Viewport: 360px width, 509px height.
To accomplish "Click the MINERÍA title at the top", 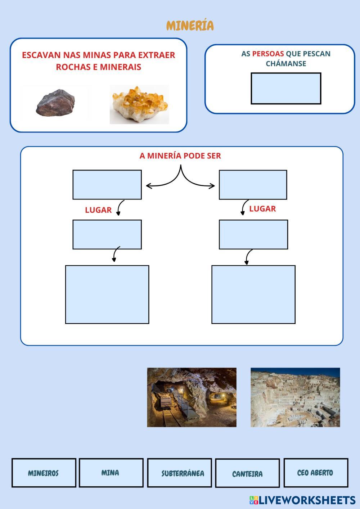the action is click(x=190, y=26).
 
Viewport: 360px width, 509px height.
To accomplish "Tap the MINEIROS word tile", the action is click(x=44, y=473).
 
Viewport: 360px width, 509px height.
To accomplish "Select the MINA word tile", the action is click(x=111, y=473).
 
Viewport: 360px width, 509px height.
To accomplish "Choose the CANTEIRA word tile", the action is click(x=247, y=474).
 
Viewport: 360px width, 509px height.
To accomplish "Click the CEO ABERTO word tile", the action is click(x=315, y=473).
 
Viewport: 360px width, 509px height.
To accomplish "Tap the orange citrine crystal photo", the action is click(x=139, y=104).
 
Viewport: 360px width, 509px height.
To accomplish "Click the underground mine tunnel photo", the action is click(x=192, y=397).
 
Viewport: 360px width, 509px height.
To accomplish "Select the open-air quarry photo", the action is click(x=295, y=397).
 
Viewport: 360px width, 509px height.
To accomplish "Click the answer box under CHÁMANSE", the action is click(x=286, y=89).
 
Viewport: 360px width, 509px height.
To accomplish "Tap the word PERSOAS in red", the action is click(x=268, y=54).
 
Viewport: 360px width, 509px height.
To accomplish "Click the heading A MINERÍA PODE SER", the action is click(x=180, y=156).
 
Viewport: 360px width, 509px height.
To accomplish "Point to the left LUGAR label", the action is click(x=98, y=210).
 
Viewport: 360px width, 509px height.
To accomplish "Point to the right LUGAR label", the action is click(x=262, y=209).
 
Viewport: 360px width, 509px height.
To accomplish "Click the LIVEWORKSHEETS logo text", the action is click(x=307, y=500).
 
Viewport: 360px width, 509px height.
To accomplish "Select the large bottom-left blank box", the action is click(x=107, y=294).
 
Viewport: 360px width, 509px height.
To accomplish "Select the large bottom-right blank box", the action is click(x=253, y=294).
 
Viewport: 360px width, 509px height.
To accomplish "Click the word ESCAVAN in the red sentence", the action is click(x=41, y=55).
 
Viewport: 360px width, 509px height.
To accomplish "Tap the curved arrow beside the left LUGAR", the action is click(x=120, y=208).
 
